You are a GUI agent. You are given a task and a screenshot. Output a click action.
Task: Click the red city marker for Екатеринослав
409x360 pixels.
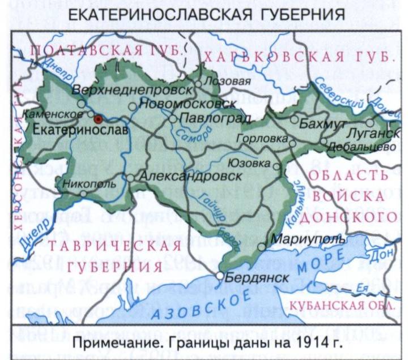[x=97, y=119]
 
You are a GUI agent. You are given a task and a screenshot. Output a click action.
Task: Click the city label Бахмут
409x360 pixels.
[x=322, y=121]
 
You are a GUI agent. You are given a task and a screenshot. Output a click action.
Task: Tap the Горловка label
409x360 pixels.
[x=264, y=138]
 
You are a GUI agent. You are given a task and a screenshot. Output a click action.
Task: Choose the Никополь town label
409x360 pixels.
[x=91, y=183]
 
